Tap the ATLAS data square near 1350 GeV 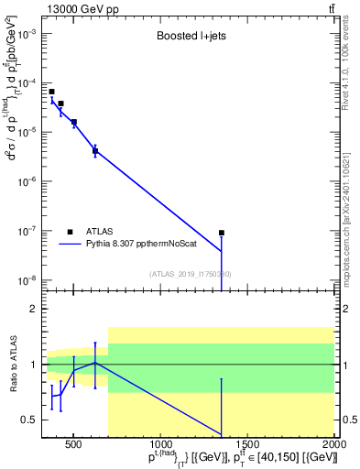222,233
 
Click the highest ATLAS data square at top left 51,92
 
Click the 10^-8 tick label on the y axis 29,280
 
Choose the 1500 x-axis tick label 247,445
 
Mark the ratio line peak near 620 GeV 95,364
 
